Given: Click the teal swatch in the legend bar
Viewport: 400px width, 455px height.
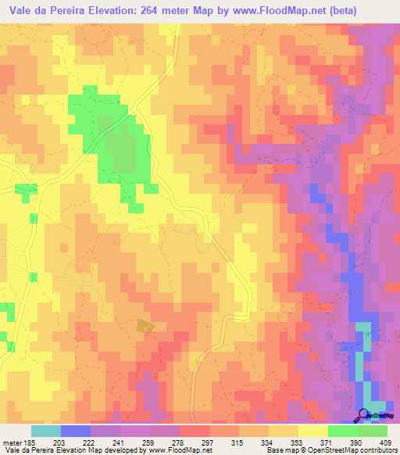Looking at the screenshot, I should click(x=45, y=431).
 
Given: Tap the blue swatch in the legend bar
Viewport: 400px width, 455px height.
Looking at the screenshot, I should click(x=76, y=431).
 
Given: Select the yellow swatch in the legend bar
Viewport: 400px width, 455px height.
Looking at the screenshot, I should click(x=312, y=431).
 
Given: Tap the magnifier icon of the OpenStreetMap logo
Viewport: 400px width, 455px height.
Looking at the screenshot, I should click(x=364, y=414).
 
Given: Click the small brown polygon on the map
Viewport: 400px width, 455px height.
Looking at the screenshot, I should click(x=145, y=325).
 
